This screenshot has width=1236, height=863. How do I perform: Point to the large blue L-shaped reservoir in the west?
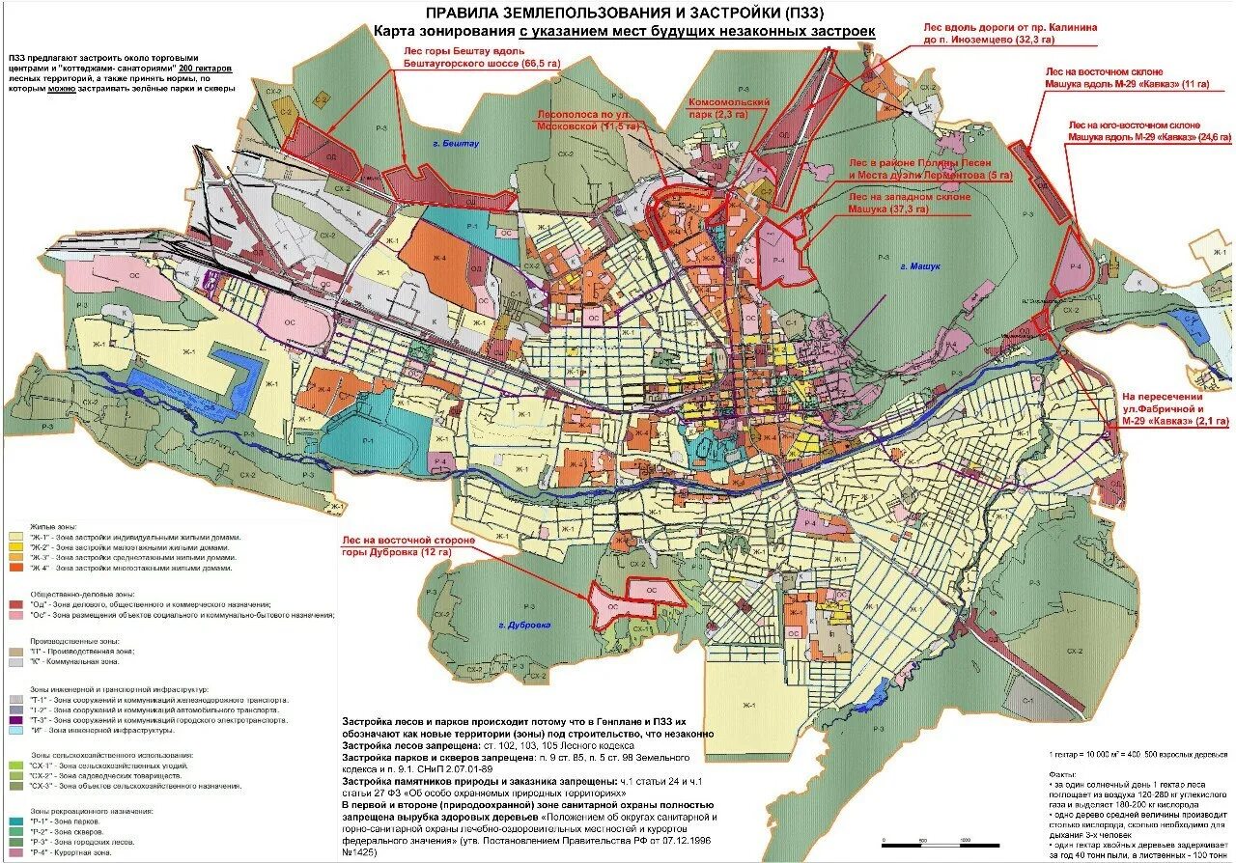232,381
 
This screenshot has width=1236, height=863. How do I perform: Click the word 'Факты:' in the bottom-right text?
1061,774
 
